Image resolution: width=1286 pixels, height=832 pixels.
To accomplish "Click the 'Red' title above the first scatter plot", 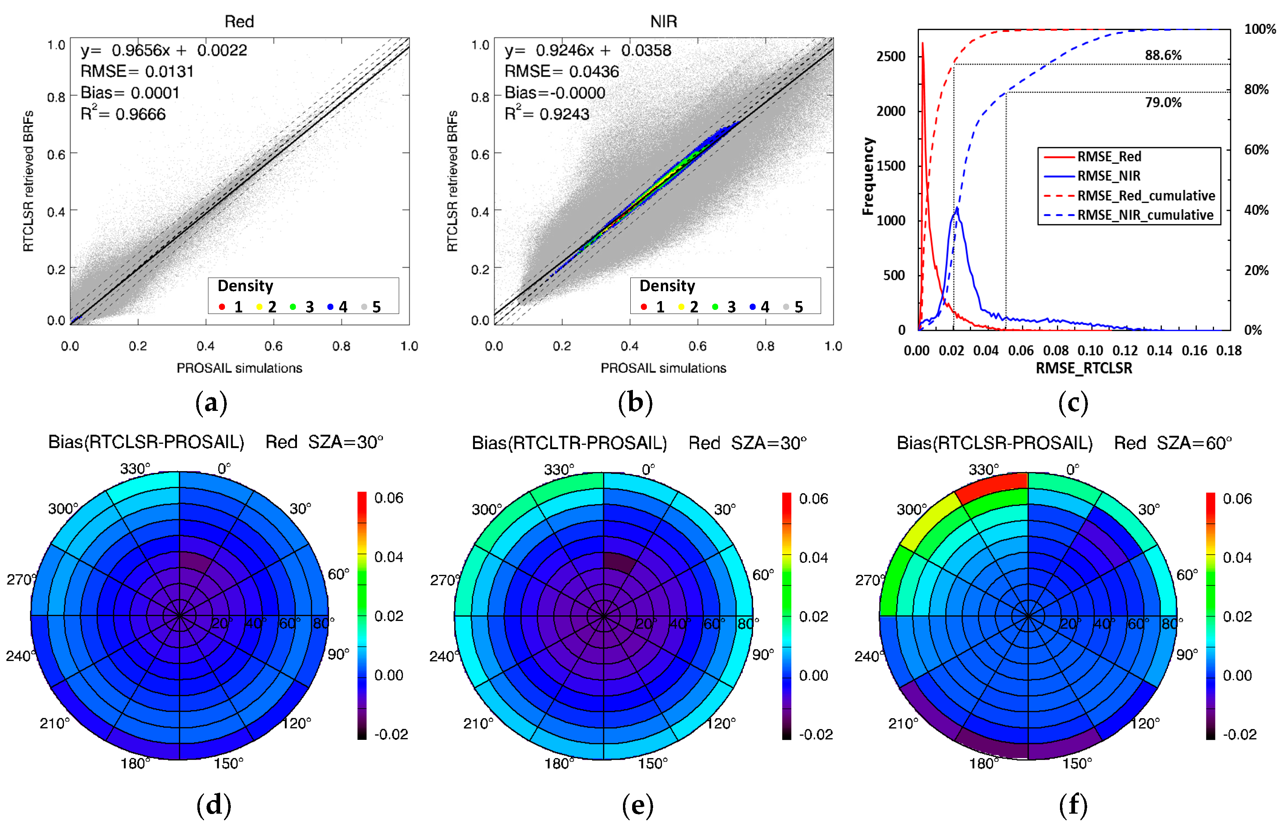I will pyautogui.click(x=239, y=22).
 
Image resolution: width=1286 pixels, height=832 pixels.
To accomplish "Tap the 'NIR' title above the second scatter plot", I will pyautogui.click(x=663, y=22).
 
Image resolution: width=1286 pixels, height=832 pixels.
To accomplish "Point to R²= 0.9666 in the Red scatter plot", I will pyautogui.click(x=123, y=114).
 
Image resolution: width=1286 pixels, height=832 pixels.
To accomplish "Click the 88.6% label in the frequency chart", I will pyautogui.click(x=1163, y=55).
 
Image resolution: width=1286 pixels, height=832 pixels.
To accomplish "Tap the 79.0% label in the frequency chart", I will pyautogui.click(x=1163, y=102).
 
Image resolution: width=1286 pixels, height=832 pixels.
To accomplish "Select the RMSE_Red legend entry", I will pyautogui.click(x=1109, y=156).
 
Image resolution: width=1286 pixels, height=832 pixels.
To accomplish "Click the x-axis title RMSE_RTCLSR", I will pyautogui.click(x=1083, y=368).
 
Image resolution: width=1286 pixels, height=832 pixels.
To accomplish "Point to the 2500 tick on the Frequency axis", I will pyautogui.click(x=891, y=57).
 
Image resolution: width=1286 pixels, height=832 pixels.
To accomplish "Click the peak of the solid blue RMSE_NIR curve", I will pyautogui.click(x=957, y=209).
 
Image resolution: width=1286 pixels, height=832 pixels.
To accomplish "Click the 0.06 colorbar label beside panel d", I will pyautogui.click(x=388, y=498).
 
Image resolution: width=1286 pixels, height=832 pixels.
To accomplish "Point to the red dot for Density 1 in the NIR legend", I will pyautogui.click(x=644, y=307).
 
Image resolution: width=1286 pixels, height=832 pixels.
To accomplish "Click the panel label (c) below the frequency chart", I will pyautogui.click(x=1072, y=403).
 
